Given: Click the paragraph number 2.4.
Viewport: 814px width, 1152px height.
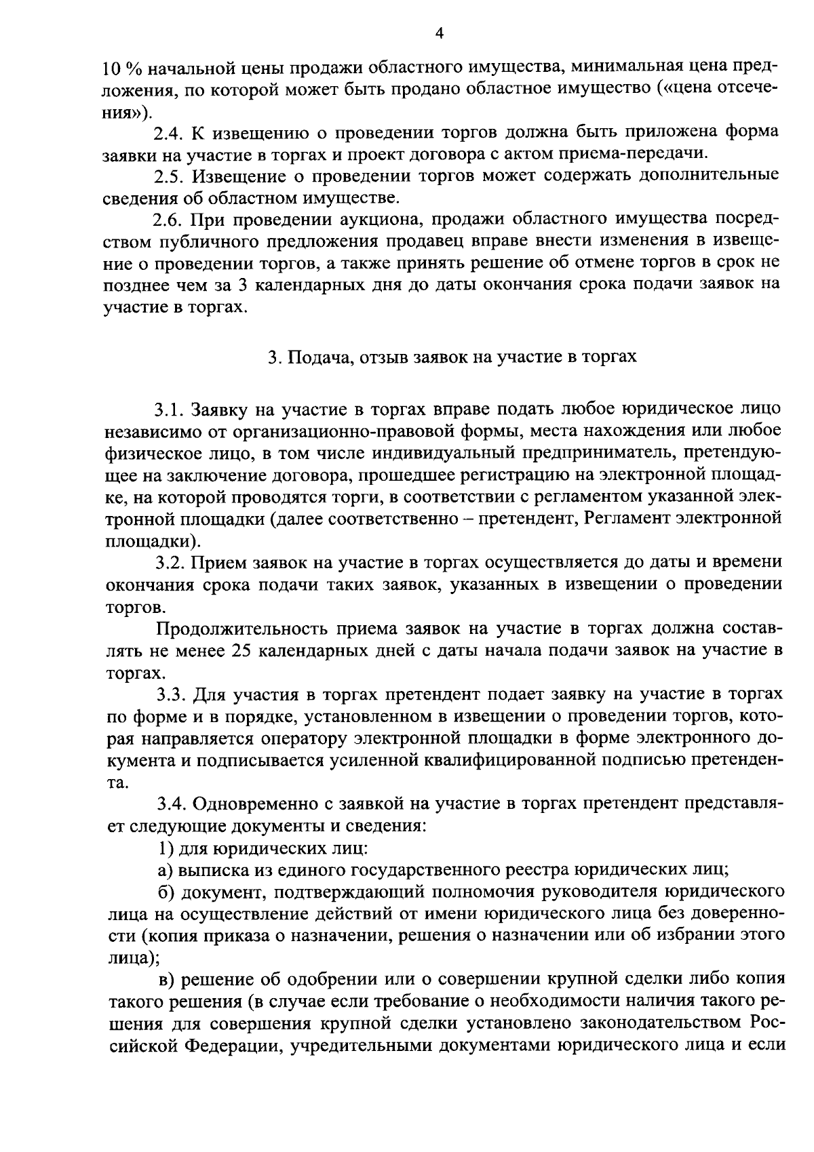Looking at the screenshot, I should pos(168,132).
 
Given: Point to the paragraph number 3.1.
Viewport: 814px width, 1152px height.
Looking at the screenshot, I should pos(168,410).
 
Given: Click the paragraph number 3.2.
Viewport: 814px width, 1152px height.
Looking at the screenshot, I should pos(169,562).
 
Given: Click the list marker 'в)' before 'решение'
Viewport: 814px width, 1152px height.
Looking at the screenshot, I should pos(166,979).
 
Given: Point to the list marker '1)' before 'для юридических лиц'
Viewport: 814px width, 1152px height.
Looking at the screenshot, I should pos(164,848).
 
